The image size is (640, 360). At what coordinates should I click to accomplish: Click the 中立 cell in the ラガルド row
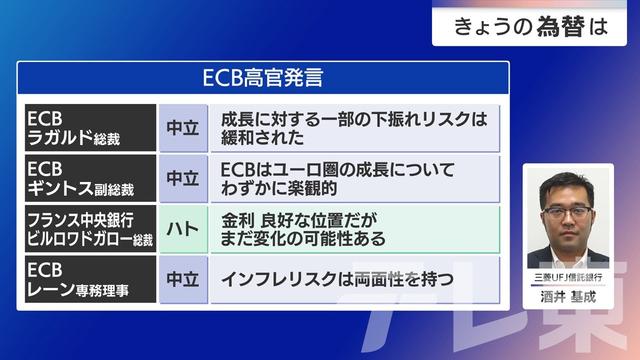point(182,127)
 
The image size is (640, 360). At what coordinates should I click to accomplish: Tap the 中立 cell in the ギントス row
point(182,178)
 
